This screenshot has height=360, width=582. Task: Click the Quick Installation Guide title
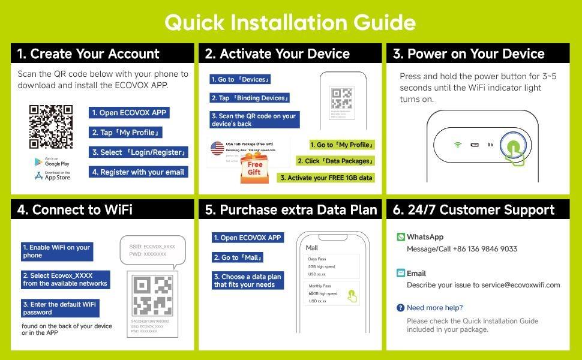tap(290, 22)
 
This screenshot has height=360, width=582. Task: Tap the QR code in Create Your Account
tap(51, 127)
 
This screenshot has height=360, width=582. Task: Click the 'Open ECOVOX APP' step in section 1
tap(129, 113)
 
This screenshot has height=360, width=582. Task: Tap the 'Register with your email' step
tap(138, 172)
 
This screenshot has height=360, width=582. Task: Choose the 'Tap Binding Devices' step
tap(250, 98)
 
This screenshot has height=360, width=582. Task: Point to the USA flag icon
tap(217, 147)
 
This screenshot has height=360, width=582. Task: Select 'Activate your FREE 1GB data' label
tap(326, 178)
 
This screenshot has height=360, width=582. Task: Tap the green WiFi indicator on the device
tap(458, 145)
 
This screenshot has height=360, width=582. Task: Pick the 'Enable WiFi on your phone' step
tap(57, 251)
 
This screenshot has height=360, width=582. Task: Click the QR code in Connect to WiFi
tap(152, 295)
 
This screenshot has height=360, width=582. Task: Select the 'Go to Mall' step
tap(238, 257)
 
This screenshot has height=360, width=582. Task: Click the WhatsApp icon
tap(401, 237)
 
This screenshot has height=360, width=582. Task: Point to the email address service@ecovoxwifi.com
tap(520, 285)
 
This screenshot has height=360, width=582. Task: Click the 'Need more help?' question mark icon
tap(400, 308)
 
